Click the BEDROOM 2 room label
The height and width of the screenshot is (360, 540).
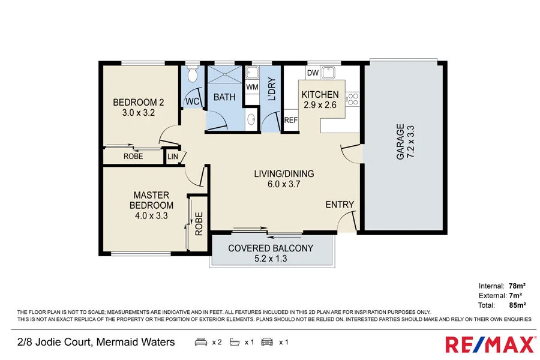[139, 102]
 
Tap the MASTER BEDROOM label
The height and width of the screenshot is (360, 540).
[151, 200]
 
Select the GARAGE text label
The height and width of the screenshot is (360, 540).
[400, 142]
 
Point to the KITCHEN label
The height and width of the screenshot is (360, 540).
[320, 95]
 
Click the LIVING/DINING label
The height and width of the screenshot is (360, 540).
[284, 174]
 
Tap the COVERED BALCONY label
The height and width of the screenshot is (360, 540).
[271, 248]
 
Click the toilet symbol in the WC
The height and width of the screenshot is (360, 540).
[191, 76]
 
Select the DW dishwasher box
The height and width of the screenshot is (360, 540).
[312, 73]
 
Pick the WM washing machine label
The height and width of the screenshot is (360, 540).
[252, 87]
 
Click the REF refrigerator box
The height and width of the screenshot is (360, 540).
[290, 120]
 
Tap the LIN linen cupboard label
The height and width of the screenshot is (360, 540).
[173, 157]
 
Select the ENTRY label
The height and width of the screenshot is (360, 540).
[340, 205]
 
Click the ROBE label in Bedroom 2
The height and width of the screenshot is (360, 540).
[133, 156]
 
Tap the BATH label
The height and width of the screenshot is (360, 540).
[224, 97]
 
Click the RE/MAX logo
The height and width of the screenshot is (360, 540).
[490, 344]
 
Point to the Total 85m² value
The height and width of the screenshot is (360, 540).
[514, 304]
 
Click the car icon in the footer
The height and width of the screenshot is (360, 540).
[266, 342]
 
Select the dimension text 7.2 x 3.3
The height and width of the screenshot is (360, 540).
[411, 142]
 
